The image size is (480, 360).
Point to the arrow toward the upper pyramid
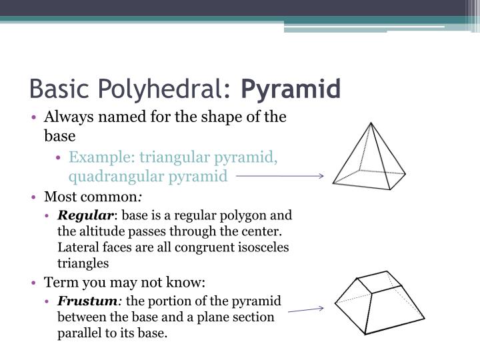click(x=280, y=176)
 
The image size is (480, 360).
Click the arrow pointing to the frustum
click(x=306, y=310)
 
